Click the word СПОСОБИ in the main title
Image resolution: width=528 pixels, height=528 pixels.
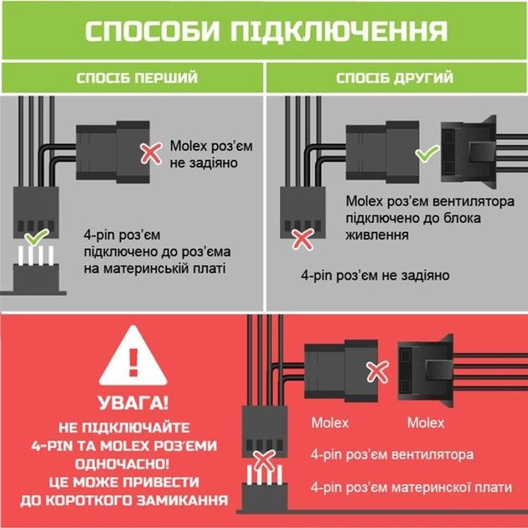point(153,31)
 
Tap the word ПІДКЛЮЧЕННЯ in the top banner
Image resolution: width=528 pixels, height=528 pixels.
point(339,31)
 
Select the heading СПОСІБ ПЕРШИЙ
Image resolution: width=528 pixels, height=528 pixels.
point(137,78)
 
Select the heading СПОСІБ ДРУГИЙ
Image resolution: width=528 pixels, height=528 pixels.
point(395,78)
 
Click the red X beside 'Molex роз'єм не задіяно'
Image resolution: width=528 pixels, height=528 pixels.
point(151,153)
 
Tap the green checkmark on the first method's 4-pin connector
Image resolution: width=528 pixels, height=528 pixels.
point(37,236)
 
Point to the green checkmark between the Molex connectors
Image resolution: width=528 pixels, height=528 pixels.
point(427,153)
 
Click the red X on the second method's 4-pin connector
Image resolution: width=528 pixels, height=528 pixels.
point(303,240)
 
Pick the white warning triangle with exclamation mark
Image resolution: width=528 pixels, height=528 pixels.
point(133,355)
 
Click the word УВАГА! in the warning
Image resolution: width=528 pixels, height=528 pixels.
point(133,403)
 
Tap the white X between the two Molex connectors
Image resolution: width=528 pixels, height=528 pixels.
point(377,372)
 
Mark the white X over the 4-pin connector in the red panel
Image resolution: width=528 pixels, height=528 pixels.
point(264,461)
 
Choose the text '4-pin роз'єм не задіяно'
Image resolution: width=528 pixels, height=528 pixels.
point(375,276)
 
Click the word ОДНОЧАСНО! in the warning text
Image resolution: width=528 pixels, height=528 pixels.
point(122,464)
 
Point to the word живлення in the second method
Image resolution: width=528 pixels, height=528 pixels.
point(377,235)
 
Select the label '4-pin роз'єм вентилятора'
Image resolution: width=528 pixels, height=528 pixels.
point(392,454)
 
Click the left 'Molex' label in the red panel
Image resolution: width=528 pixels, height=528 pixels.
point(330,423)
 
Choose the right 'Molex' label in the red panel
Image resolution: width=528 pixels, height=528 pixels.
point(426,423)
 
